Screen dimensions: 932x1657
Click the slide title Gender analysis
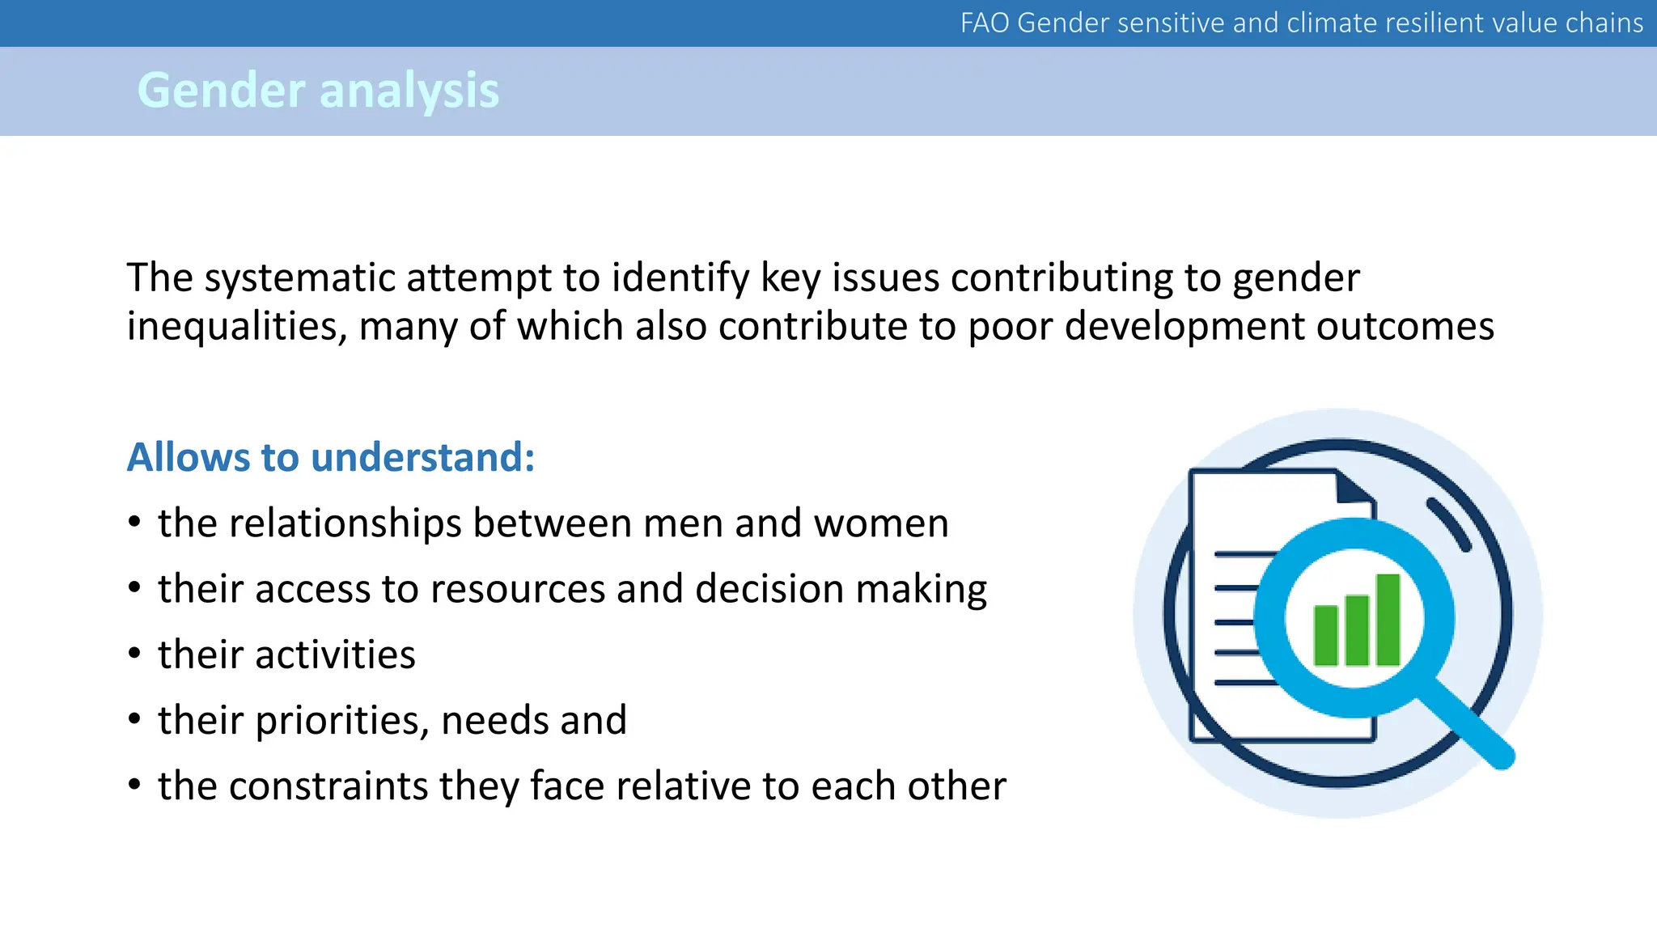(x=318, y=90)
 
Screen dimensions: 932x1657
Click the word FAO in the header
(x=985, y=23)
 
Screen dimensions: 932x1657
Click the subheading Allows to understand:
(x=331, y=457)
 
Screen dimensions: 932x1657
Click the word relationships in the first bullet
(x=345, y=523)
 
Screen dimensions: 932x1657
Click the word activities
(x=335, y=655)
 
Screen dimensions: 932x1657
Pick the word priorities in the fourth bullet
(x=341, y=721)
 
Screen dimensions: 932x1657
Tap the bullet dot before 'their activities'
(x=134, y=653)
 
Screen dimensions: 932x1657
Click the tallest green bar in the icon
(x=1388, y=619)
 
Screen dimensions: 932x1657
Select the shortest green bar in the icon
(x=1326, y=635)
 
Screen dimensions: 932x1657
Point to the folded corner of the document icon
(x=1353, y=488)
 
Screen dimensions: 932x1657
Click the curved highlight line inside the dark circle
(x=1448, y=523)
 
